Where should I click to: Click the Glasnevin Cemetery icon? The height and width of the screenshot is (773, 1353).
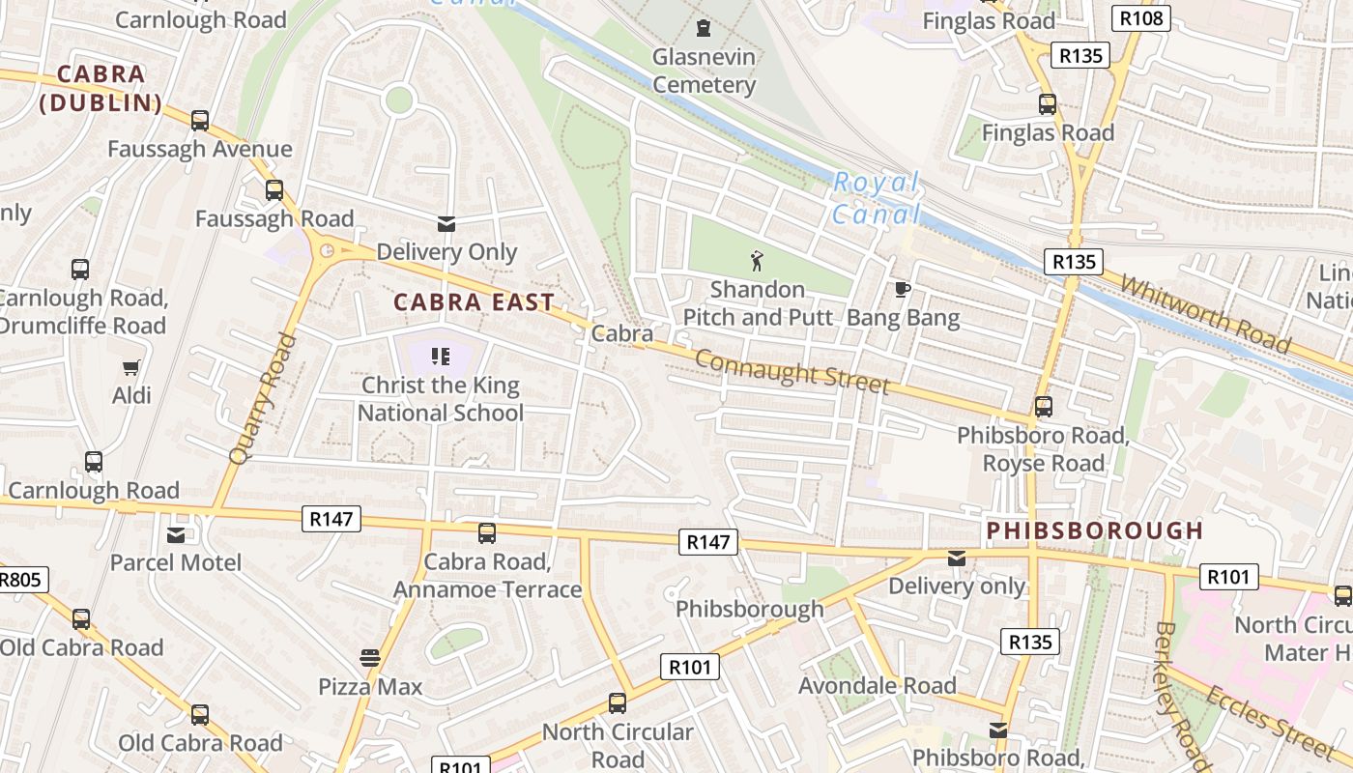point(703,28)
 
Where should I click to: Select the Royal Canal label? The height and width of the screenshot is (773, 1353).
point(876,197)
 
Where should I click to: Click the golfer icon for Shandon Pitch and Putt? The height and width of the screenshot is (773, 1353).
point(757,260)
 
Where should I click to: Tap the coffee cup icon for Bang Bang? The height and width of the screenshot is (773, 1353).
point(903,289)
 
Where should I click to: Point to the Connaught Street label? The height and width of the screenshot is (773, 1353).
point(792,371)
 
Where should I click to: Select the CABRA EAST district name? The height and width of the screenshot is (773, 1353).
point(474,302)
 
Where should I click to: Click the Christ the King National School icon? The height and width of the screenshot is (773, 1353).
point(441,357)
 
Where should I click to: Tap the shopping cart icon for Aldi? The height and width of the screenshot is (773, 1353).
point(131,367)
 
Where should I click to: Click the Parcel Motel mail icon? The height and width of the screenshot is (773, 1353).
point(176,534)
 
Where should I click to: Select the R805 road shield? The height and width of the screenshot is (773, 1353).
point(19,580)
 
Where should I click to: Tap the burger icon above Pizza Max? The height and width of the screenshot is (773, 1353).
point(370,658)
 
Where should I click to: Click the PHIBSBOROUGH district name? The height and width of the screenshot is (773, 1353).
point(1095,530)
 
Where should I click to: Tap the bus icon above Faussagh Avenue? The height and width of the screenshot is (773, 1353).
point(200,121)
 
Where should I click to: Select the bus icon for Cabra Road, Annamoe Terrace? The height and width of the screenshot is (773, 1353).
point(487,533)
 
